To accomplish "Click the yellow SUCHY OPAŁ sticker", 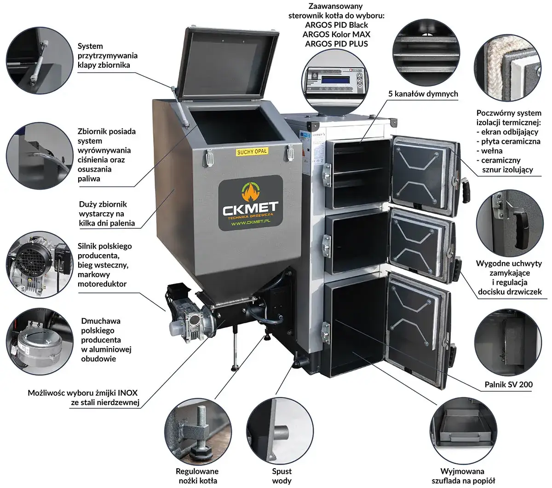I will (x=252, y=151).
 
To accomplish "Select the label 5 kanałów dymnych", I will (x=423, y=94).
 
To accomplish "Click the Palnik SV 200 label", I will (x=509, y=384).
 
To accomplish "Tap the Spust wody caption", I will (x=282, y=476).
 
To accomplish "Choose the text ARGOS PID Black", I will (x=336, y=25).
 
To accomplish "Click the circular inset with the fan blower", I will (x=40, y=342).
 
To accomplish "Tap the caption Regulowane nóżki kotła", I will (x=197, y=476).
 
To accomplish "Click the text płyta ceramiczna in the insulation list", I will (x=511, y=141).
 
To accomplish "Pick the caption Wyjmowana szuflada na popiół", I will (x=462, y=476).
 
